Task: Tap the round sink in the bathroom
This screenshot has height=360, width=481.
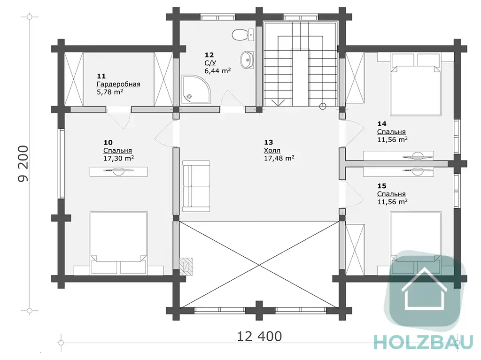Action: point(247,60)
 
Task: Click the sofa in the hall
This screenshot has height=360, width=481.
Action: point(196,186)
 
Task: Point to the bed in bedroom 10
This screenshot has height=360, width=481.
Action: point(119,242)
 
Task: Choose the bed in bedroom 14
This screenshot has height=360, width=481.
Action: point(416,84)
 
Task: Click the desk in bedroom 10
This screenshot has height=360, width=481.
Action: point(119,171)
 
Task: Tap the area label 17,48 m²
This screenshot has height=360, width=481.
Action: point(279,158)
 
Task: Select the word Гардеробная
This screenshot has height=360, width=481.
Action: point(119,84)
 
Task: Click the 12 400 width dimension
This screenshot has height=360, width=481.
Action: point(259,337)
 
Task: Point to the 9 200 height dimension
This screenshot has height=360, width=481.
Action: point(23,164)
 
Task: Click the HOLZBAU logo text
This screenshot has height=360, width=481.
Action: point(424,342)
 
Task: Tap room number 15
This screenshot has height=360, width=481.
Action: point(382,186)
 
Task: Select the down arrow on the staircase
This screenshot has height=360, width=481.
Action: point(278,103)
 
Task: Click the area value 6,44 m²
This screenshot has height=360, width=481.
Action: point(217,71)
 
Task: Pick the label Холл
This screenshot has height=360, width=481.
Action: point(272,150)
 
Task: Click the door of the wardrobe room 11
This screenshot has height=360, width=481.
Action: point(119,118)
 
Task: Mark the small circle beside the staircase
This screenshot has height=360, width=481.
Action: point(323,107)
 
